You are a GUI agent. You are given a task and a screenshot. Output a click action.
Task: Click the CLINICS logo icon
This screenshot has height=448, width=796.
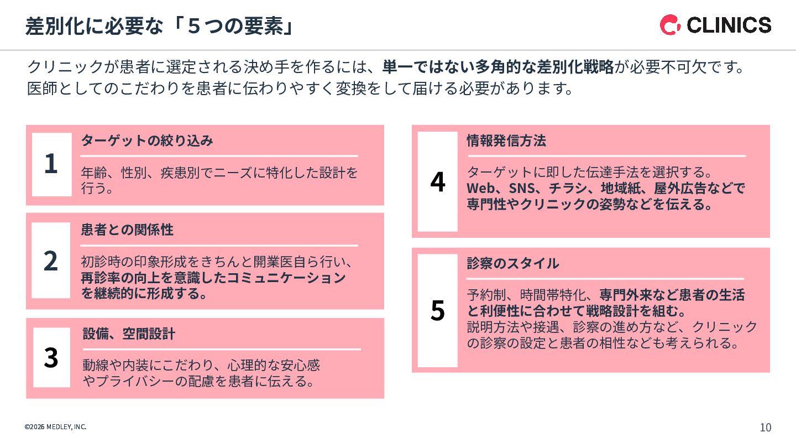click(x=670, y=25)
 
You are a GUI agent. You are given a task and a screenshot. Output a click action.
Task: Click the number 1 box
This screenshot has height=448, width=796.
click(x=51, y=164)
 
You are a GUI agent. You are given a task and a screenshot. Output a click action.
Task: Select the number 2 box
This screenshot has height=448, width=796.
click(x=51, y=261)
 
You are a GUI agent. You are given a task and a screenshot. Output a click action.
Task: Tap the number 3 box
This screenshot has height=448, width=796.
click(x=51, y=357)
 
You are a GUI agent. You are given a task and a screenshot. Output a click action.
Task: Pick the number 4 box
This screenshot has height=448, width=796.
click(x=437, y=181)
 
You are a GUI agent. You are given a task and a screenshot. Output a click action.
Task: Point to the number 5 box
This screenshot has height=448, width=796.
click(x=437, y=310)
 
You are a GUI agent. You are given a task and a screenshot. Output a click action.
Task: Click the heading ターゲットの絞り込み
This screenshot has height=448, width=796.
click(x=147, y=140)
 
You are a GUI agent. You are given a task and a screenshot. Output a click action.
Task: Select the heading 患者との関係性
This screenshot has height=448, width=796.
click(x=127, y=230)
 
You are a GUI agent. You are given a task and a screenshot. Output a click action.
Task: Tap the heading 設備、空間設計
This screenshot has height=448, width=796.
click(x=129, y=334)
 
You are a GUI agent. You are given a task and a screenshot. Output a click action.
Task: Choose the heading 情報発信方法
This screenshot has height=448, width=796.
click(x=506, y=140)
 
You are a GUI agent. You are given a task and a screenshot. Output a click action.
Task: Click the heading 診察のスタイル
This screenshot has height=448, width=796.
click(x=513, y=263)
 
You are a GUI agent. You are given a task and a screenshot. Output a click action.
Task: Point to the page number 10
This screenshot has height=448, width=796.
click(x=766, y=428)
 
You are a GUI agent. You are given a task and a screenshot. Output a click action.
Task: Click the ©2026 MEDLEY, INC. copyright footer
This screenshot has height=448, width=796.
click(x=55, y=427)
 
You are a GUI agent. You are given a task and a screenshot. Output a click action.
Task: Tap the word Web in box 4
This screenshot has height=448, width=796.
click(x=480, y=188)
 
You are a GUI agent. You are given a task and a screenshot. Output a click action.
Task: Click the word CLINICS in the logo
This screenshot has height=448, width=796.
click(x=729, y=25)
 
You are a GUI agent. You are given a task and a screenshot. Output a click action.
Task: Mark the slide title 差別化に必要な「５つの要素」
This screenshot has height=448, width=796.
click(x=159, y=27)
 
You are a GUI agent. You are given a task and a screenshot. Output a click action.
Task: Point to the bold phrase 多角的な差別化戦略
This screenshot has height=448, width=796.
click(x=544, y=67)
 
